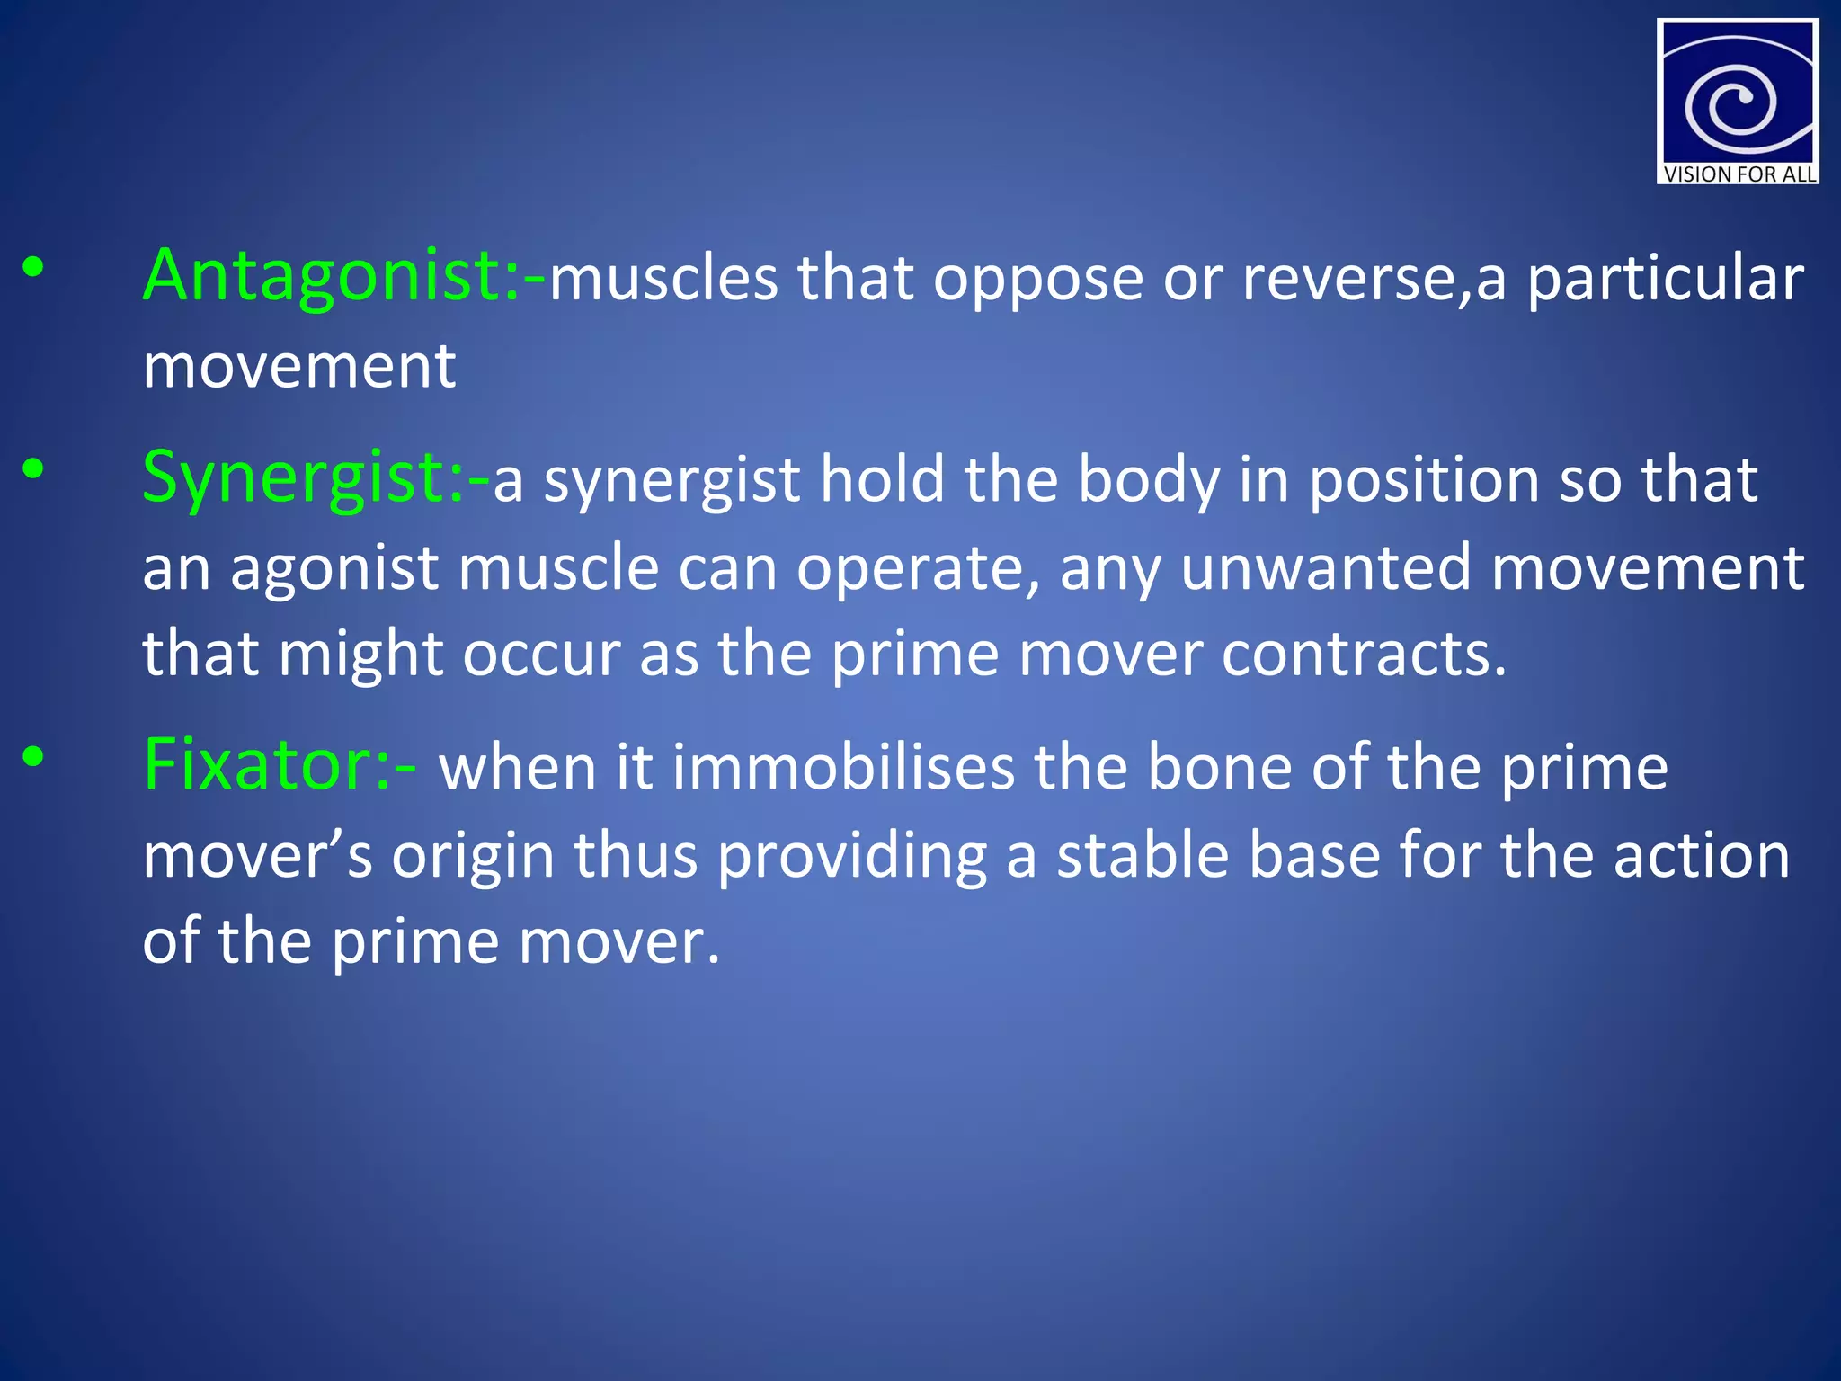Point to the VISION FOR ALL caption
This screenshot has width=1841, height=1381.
(1739, 174)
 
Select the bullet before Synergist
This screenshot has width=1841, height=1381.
(33, 468)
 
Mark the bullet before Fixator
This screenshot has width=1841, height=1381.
(33, 757)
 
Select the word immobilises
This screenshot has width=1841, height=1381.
(842, 768)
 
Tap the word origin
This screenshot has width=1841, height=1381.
(473, 857)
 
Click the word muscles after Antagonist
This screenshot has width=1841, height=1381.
(663, 279)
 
